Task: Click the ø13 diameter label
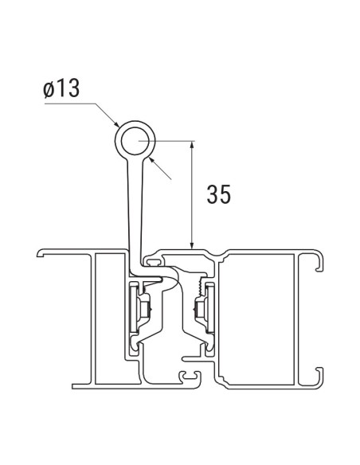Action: click(61, 89)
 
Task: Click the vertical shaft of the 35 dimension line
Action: click(192, 195)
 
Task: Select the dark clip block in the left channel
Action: click(143, 307)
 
